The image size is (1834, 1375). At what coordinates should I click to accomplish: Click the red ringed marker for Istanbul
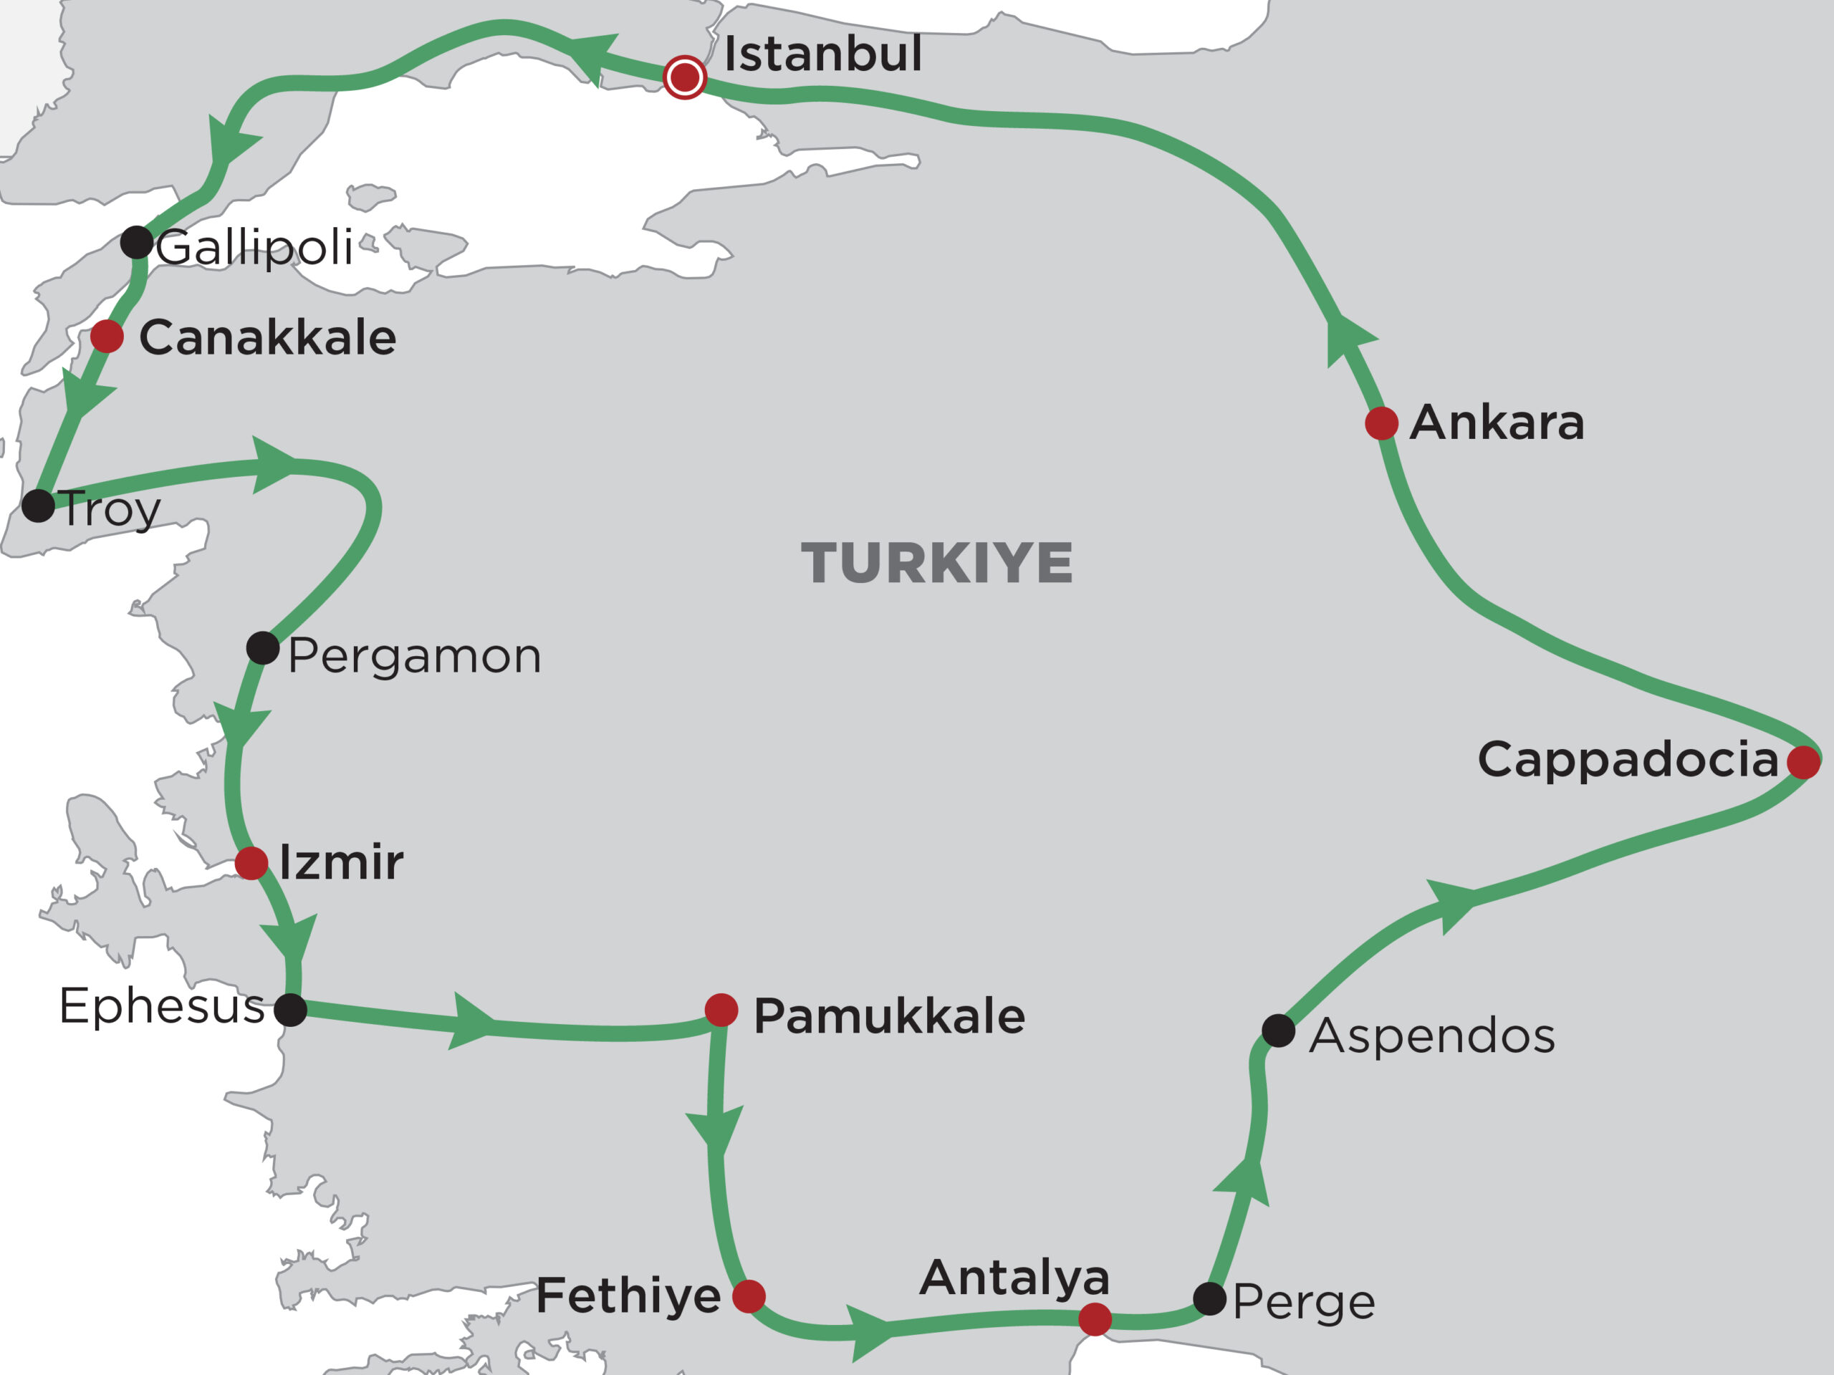click(684, 78)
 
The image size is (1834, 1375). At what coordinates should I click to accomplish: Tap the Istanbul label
click(822, 54)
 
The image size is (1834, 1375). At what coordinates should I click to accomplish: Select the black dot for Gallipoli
click(137, 242)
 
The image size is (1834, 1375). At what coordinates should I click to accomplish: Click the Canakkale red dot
click(107, 337)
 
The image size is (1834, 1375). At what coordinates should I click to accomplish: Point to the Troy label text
click(110, 509)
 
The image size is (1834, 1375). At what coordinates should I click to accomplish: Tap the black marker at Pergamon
click(263, 648)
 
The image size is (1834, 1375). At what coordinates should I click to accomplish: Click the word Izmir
click(341, 863)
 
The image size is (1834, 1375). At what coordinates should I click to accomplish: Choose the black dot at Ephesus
click(290, 1010)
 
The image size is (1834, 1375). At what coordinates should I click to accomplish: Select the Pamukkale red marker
click(721, 1010)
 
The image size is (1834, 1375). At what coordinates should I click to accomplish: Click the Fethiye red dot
click(749, 1296)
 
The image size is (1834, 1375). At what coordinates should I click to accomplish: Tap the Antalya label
click(1014, 1277)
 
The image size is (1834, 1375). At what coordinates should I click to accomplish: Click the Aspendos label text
click(1432, 1036)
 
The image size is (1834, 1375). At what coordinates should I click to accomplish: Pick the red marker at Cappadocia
click(1803, 762)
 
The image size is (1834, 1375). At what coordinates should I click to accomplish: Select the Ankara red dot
click(1381, 423)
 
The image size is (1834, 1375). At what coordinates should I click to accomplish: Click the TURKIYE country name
click(937, 564)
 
